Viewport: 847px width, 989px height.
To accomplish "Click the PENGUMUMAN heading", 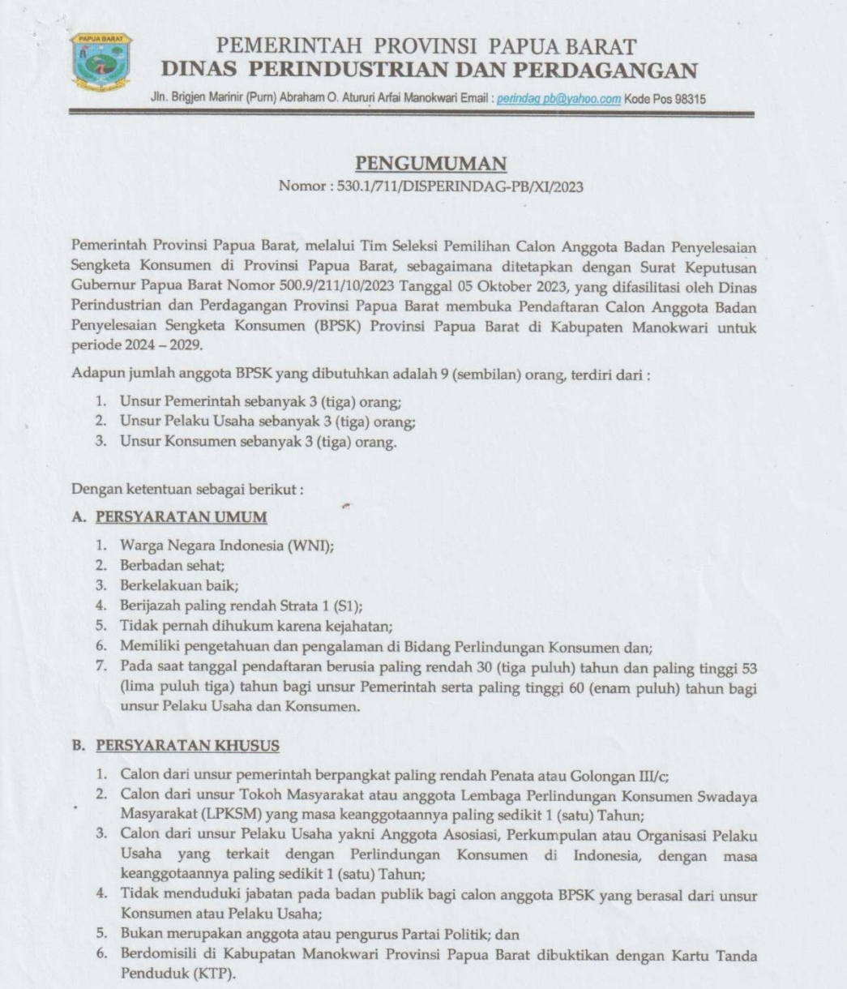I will pyautogui.click(x=431, y=163).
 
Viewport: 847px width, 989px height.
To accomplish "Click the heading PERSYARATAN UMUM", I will pyautogui.click(x=181, y=516).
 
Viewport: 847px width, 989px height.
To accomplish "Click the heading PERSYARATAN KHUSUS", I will pyautogui.click(x=187, y=745).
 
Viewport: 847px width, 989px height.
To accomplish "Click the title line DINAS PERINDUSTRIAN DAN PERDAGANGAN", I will pyautogui.click(x=429, y=71).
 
